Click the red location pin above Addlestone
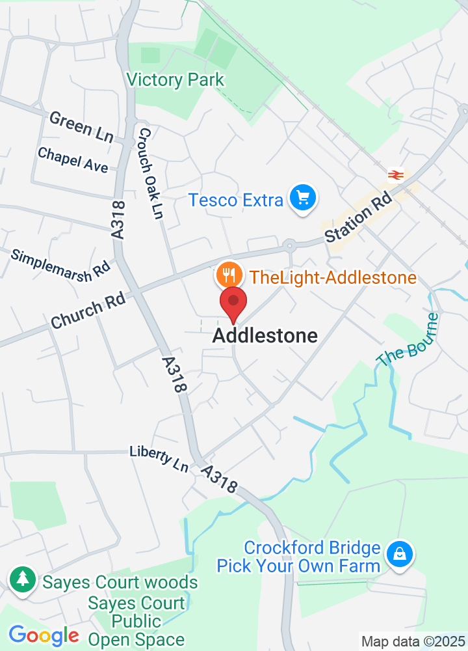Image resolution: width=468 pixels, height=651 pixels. [233, 303]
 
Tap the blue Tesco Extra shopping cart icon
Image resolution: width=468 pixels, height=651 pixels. [302, 198]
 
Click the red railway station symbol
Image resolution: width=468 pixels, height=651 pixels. [396, 174]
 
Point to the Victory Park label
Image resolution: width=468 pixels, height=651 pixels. [175, 80]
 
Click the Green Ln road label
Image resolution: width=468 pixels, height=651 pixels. [81, 126]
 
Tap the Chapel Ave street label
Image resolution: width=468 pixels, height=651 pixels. [73, 160]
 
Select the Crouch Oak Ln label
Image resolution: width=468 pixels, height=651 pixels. [150, 173]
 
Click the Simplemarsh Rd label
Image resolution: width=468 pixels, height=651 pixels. [61, 264]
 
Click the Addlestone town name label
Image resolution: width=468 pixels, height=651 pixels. [265, 336]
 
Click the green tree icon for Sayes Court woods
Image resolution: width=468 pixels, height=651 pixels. [23, 578]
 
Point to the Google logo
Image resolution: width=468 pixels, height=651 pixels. [44, 635]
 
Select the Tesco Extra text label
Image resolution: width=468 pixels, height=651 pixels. [236, 200]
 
